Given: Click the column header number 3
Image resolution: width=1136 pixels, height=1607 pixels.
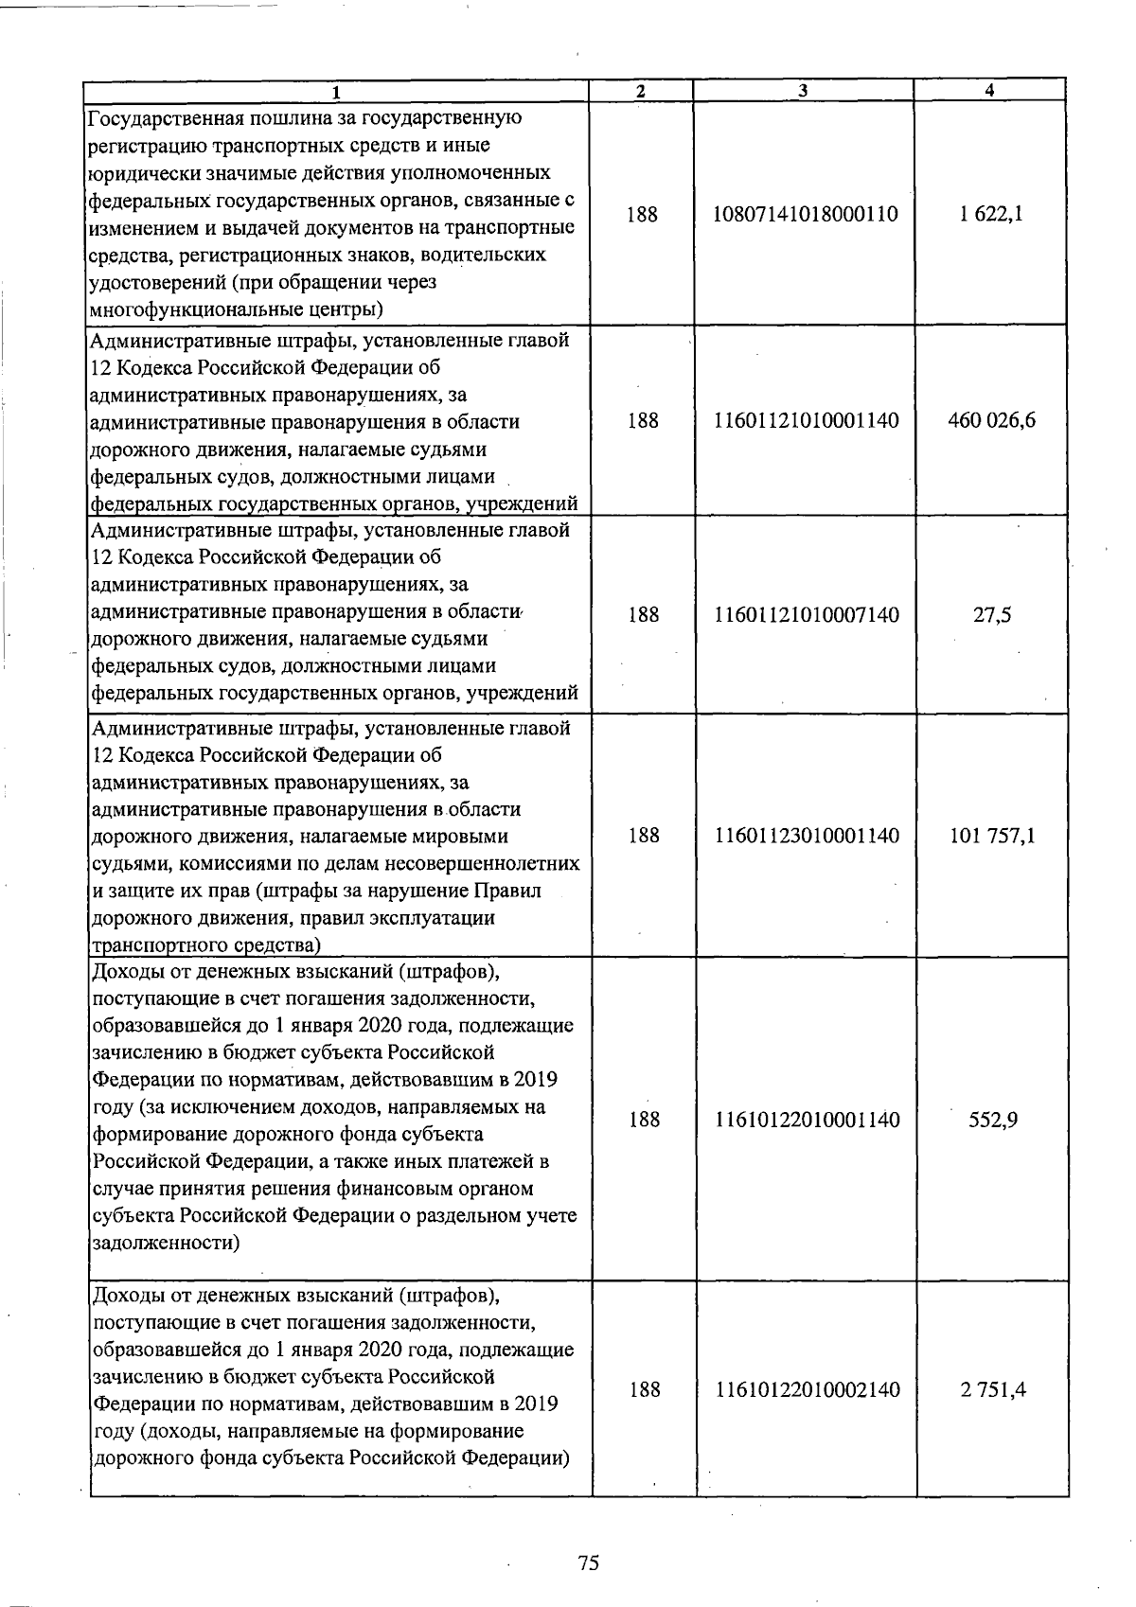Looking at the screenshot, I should point(803,91).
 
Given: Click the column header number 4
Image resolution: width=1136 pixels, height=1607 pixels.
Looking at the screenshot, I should point(989,91).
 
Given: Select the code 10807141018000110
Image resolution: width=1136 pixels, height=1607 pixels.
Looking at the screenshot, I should point(806,214).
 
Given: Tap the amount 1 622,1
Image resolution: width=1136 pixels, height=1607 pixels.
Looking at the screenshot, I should point(990,214).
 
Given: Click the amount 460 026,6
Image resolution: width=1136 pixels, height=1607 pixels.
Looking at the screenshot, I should point(991,420).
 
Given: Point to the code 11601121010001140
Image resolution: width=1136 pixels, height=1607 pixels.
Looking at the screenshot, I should point(806,420).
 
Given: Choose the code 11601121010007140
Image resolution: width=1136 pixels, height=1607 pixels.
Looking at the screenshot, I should point(806,615).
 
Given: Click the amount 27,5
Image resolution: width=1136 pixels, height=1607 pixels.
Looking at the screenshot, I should point(992,615).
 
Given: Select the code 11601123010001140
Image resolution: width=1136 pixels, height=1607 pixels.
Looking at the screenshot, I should point(807,836).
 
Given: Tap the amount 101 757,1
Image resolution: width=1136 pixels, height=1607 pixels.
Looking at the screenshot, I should point(992,836).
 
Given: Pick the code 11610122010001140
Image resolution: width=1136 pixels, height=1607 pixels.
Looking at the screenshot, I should point(807,1120).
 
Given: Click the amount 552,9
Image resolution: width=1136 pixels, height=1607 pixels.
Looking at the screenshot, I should point(993,1120).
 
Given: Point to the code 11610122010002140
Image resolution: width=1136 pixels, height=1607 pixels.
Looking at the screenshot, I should point(808,1390).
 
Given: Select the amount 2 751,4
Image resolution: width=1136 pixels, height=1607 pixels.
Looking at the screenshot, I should point(993,1390).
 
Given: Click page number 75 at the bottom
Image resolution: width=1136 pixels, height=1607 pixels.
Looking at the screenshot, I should point(588,1563).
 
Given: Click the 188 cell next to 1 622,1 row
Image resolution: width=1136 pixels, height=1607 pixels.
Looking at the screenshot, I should point(642,214).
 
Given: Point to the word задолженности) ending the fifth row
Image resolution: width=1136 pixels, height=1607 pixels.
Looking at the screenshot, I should point(166,1243).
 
